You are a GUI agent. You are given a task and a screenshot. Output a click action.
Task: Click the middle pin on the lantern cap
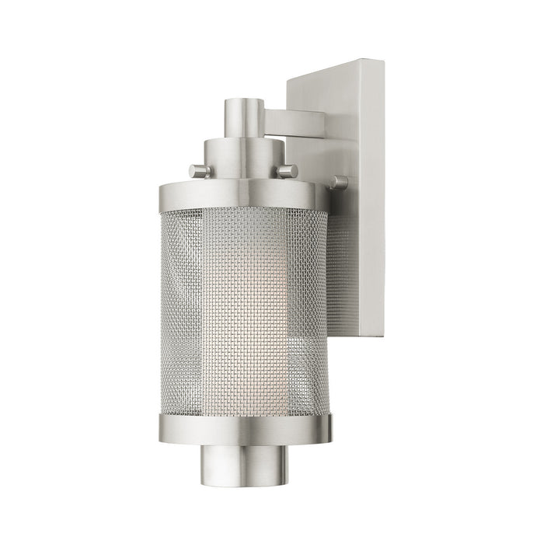[x=288, y=170]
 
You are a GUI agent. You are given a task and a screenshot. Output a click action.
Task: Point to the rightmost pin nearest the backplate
[x=339, y=183]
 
